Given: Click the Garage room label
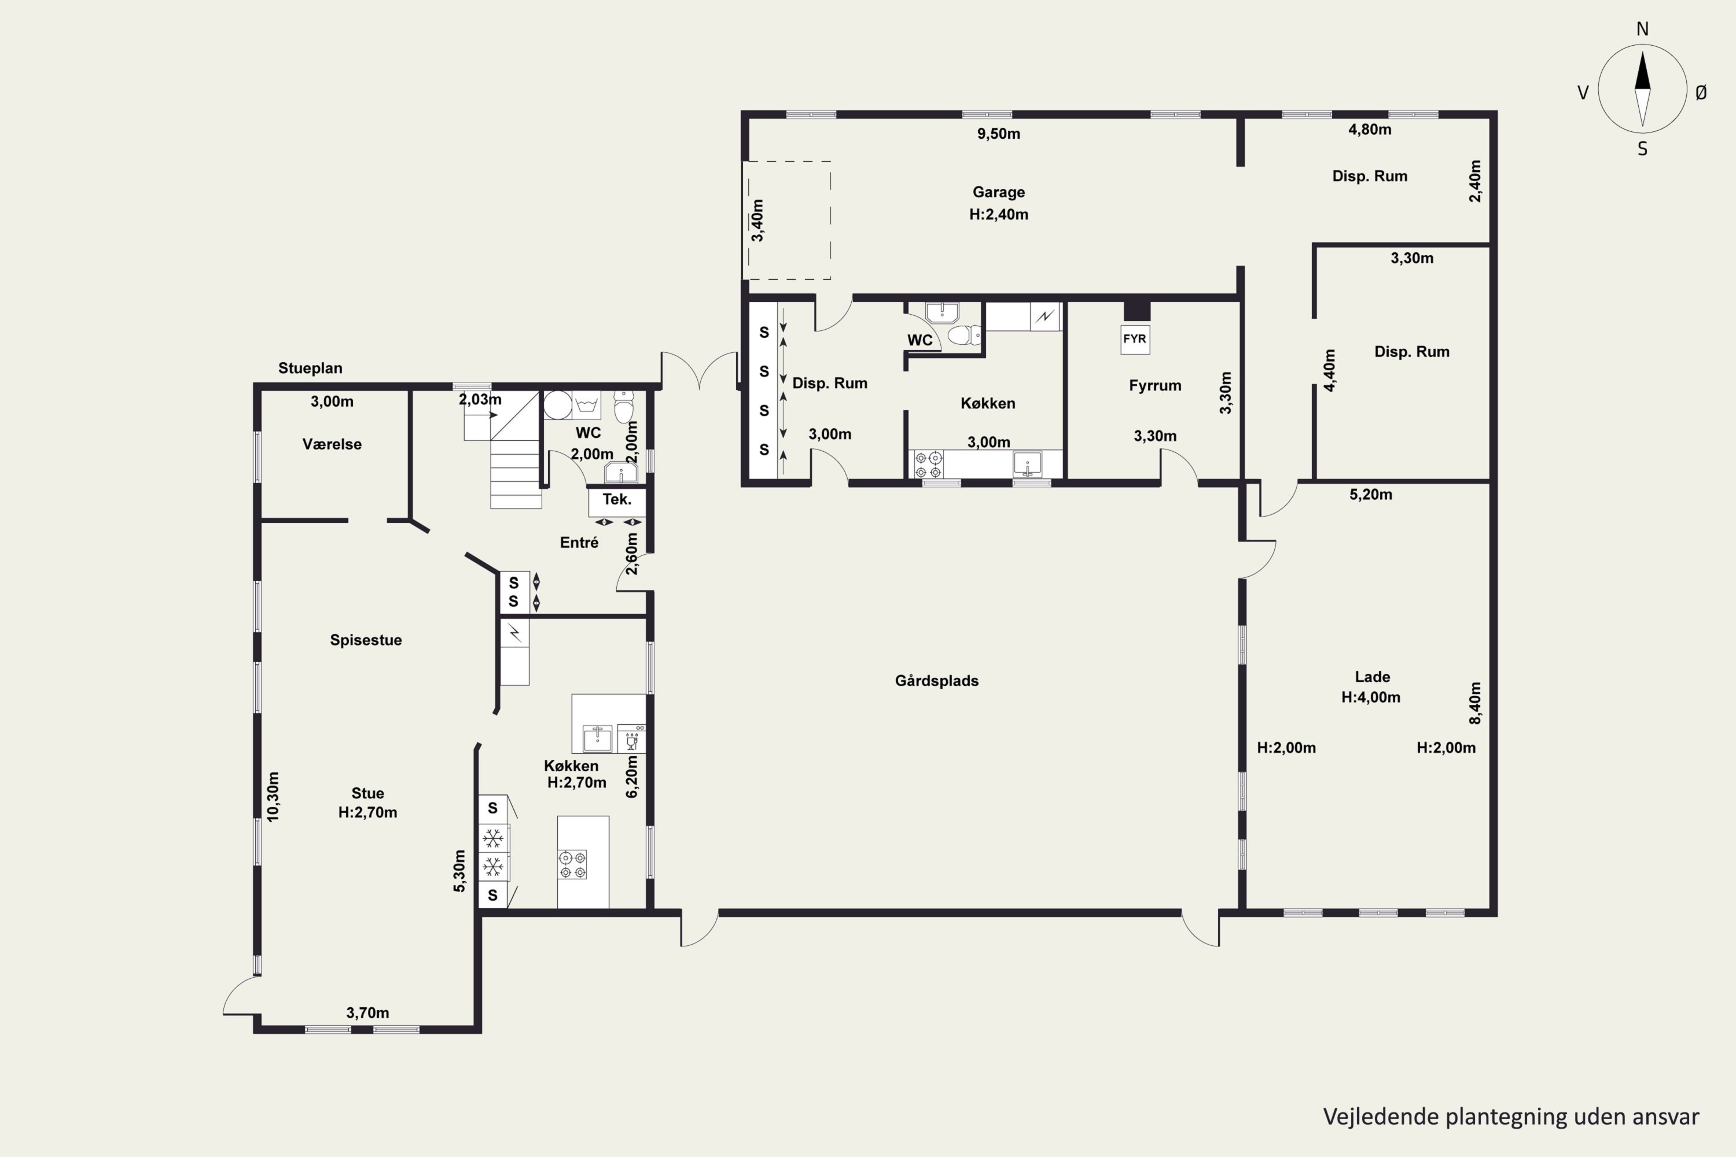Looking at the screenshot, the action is [999, 192].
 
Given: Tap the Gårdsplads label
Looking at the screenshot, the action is [937, 680].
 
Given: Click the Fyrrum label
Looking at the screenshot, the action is [1155, 385].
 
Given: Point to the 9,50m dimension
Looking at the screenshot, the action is [999, 134].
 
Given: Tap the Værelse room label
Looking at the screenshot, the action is [332, 444].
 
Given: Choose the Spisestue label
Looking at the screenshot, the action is [366, 640].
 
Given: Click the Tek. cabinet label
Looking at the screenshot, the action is [617, 500].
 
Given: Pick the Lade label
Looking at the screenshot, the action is [1373, 677].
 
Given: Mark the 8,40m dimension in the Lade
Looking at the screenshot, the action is [1474, 703].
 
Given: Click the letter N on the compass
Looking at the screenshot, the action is [1642, 29].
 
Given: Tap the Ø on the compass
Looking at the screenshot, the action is [1701, 92].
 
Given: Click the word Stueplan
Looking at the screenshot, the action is [310, 368].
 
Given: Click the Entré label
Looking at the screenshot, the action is [579, 543].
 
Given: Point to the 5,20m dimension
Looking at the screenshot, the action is [1371, 495].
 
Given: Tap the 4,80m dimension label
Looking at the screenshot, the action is [1370, 129].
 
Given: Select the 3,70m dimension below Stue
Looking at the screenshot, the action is [367, 1013].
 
